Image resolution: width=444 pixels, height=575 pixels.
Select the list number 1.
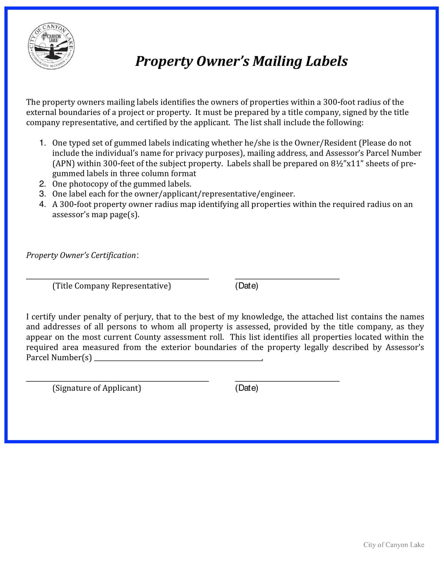[x=43, y=143]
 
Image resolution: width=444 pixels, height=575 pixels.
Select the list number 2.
[x=43, y=183]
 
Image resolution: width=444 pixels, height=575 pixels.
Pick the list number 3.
[x=43, y=194]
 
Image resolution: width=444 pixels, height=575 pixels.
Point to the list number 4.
[x=43, y=204]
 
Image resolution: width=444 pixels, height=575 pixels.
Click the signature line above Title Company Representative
[x=117, y=278]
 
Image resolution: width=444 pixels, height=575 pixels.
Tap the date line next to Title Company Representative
[x=287, y=278]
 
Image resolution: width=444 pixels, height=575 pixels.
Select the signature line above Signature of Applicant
[x=117, y=381]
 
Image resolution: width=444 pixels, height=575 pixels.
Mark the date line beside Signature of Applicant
[x=287, y=381]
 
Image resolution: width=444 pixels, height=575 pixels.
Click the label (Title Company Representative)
[x=112, y=286]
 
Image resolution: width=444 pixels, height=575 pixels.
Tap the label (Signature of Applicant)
[x=97, y=388]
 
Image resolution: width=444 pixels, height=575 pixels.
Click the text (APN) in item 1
[x=64, y=164]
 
